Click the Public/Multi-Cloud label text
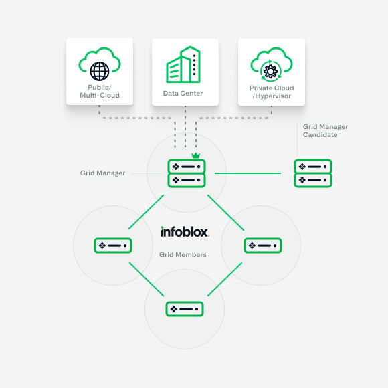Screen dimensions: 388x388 (x=99, y=91)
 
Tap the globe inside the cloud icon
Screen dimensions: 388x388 (x=99, y=70)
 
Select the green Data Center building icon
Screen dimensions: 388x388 (x=183, y=65)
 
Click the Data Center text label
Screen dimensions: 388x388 (x=183, y=93)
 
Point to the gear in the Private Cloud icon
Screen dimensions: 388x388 (x=272, y=70)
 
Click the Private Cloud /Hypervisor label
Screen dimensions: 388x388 (x=272, y=92)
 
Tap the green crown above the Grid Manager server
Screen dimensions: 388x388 (x=195, y=156)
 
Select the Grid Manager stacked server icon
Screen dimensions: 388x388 (x=186, y=173)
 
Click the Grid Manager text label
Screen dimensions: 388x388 (x=102, y=173)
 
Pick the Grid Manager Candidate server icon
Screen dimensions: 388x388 (x=312, y=173)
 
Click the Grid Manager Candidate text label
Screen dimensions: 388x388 (x=325, y=130)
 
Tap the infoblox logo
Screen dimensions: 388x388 (x=184, y=232)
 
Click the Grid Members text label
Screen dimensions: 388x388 (x=183, y=254)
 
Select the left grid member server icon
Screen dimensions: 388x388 (x=112, y=246)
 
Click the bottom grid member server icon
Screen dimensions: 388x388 (x=184, y=308)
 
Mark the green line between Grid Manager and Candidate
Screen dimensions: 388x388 (x=248, y=173)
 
